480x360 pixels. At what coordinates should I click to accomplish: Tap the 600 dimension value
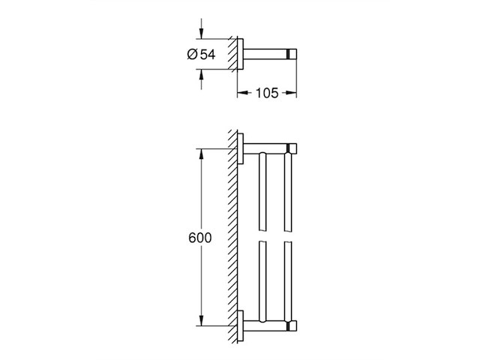[199, 238]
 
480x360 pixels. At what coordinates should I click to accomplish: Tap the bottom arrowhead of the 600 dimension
[201, 322]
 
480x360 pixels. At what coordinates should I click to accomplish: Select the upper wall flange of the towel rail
[242, 148]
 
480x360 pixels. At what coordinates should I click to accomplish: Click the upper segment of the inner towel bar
[262, 190]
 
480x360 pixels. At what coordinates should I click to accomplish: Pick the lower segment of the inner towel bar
[262, 279]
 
